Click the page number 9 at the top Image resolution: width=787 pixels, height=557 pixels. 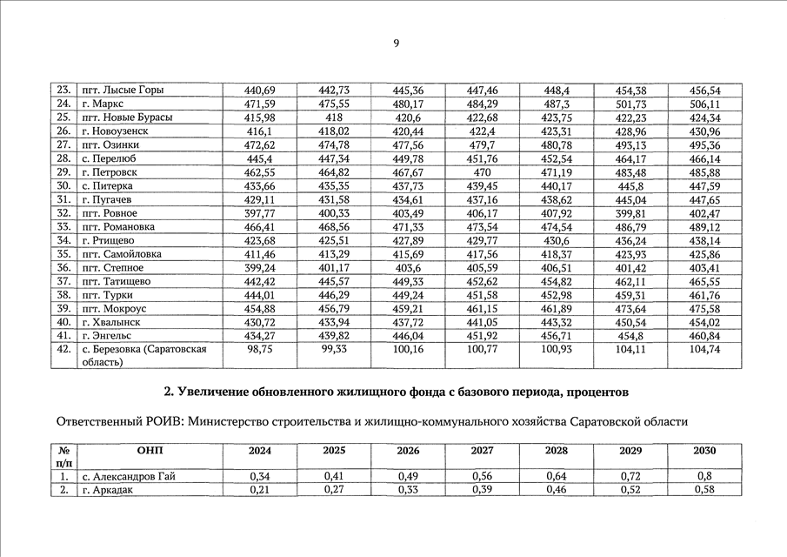coord(395,42)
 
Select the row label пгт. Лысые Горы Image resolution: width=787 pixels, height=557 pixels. coord(122,91)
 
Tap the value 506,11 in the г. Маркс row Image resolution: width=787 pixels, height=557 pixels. coord(704,104)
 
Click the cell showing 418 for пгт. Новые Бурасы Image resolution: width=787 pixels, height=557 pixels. coord(333,117)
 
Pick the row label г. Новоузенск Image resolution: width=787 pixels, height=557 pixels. coord(114,131)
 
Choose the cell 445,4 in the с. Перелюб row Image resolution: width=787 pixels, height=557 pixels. coord(260,159)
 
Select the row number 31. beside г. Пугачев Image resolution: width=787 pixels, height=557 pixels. coord(63,199)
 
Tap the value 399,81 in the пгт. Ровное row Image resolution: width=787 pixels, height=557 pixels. coord(630,213)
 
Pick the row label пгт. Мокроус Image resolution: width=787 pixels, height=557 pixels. coord(114,308)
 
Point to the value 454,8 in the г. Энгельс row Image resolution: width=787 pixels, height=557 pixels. coord(630,336)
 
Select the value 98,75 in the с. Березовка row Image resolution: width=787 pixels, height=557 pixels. coord(260,350)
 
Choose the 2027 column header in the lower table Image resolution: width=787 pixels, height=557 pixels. coord(482,451)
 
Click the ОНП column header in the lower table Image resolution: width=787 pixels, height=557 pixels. coord(150,451)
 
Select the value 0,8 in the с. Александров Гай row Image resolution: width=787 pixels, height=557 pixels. coord(704,477)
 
